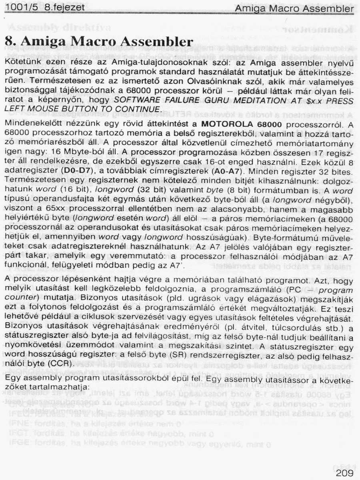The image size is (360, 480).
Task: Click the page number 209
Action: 342,473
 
